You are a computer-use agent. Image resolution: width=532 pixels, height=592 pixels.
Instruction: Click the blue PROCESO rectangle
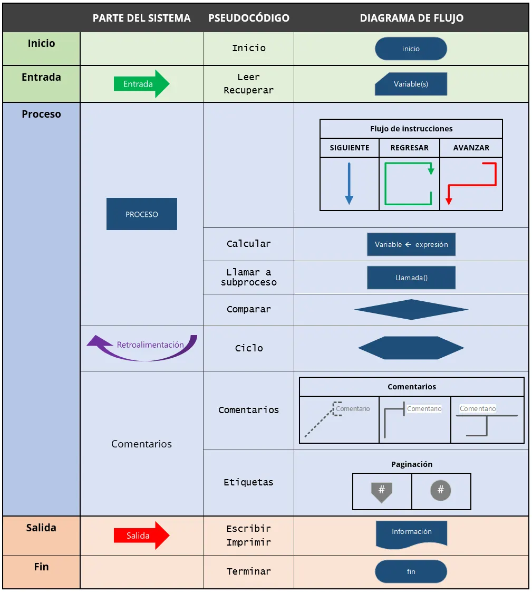coord(141,214)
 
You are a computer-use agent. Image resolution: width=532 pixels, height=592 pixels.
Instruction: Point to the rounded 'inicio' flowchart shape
coord(411,49)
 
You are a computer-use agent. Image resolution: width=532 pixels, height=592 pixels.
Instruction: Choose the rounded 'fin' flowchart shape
coord(411,571)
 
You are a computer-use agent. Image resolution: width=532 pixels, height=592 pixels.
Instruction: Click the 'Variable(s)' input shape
coord(411,84)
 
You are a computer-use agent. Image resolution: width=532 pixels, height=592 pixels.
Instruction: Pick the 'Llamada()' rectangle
coord(411,278)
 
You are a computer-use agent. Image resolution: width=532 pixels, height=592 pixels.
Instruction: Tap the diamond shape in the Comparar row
coord(411,310)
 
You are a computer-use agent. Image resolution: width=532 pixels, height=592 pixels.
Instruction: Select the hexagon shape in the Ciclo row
coord(411,348)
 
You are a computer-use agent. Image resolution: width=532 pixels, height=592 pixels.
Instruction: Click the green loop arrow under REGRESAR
coord(409,184)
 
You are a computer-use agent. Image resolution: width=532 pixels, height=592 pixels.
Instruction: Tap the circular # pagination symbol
coord(441,491)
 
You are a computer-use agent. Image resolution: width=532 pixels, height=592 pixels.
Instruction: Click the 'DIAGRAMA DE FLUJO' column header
coord(411,18)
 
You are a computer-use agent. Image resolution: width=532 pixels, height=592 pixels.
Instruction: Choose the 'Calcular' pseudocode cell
coord(248,244)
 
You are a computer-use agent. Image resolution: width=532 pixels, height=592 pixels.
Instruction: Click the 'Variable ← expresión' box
coord(411,245)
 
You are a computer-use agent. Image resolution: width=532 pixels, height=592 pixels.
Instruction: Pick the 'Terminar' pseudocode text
coord(248,571)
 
